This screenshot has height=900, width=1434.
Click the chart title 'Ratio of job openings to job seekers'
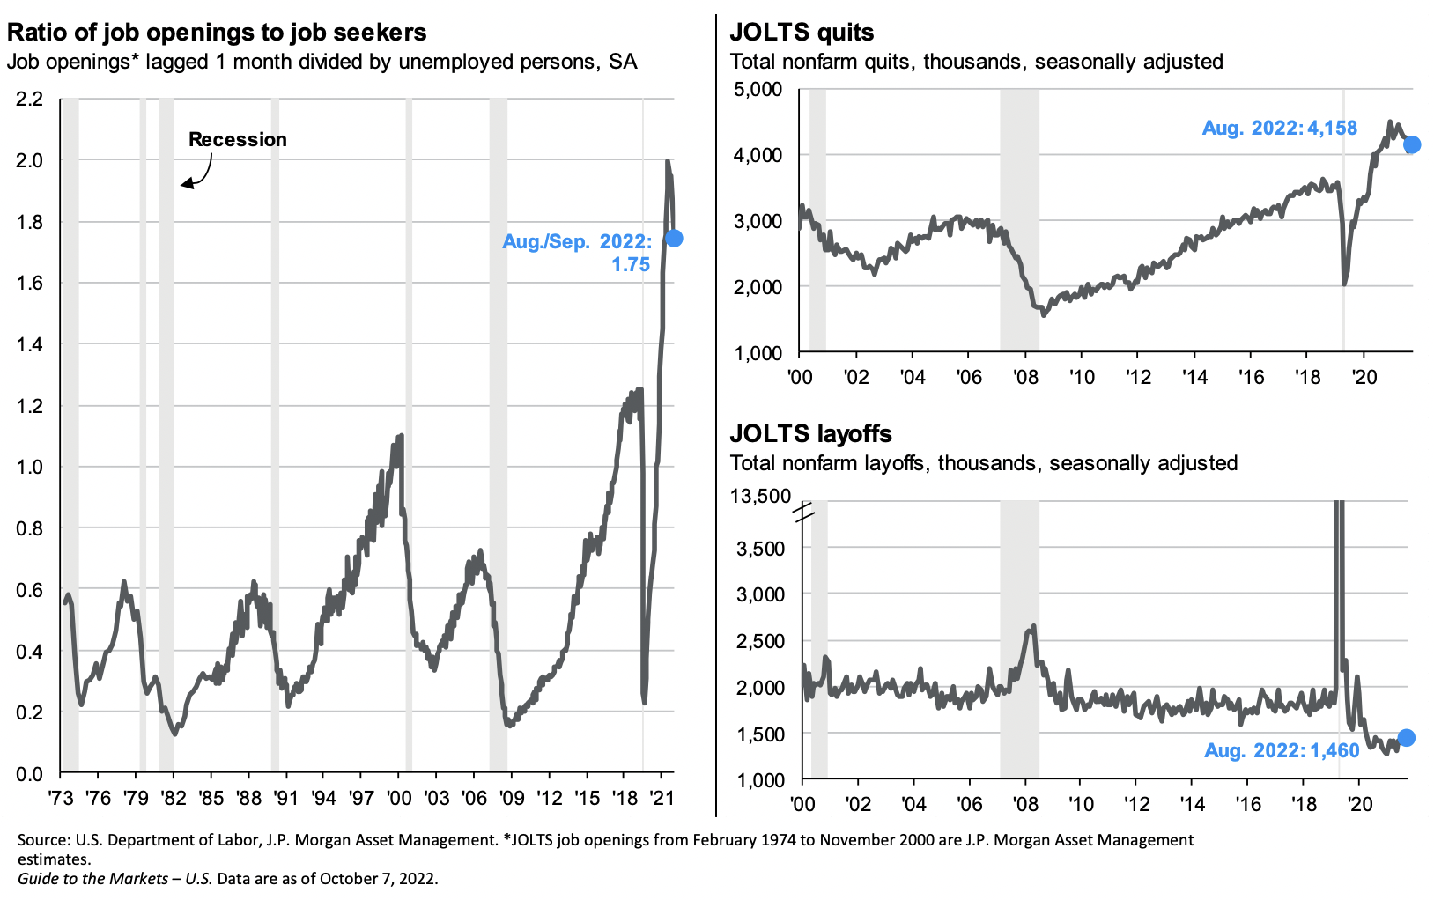[217, 33]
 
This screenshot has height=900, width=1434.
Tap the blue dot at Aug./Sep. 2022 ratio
[674, 238]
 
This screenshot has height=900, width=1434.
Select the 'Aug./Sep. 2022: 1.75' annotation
[577, 253]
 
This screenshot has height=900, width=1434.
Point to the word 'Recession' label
[237, 139]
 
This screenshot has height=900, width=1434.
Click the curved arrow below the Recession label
[198, 173]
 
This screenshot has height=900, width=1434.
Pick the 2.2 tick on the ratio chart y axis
[29, 99]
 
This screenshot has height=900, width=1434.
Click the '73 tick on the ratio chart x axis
[61, 798]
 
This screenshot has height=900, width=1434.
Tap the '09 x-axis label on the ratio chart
[512, 798]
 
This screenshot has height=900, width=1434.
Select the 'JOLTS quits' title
[802, 33]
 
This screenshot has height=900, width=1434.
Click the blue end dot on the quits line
[1411, 144]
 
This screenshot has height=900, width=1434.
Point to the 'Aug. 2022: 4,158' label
[1280, 129]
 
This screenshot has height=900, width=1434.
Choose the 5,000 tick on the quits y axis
[758, 89]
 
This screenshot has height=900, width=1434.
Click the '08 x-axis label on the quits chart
[1026, 377]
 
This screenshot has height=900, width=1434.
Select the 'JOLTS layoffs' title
[810, 433]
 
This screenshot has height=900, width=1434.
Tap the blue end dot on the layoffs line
[1406, 738]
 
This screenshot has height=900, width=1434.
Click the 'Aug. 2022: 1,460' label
[1282, 750]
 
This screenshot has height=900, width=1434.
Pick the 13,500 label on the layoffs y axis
[760, 496]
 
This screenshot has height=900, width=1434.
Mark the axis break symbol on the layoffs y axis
[804, 512]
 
